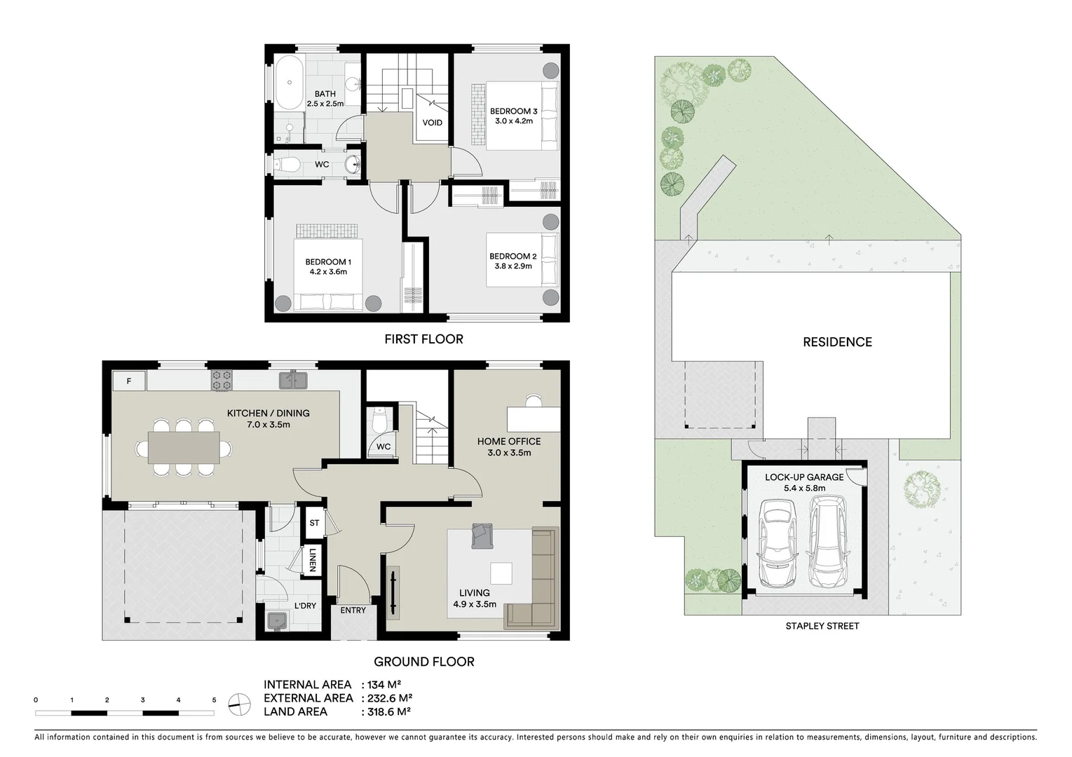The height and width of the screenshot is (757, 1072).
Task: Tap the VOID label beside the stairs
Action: [x=433, y=123]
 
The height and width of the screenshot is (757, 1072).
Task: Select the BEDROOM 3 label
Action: [x=513, y=111]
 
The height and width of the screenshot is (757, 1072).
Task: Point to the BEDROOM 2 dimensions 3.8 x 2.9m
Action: [x=513, y=266]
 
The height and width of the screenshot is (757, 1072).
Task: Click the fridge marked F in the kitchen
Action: [x=129, y=381]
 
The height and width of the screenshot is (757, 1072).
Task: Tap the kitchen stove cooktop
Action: [x=222, y=380]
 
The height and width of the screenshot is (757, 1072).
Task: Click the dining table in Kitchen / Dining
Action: [x=184, y=447]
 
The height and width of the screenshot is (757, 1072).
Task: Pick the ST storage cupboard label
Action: [x=314, y=523]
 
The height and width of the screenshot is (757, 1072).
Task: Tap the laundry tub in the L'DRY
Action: [x=276, y=620]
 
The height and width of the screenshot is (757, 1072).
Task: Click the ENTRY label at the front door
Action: [x=353, y=611]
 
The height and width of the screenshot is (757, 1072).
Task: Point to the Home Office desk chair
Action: [x=534, y=400]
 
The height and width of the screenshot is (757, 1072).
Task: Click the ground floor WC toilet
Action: [x=381, y=422]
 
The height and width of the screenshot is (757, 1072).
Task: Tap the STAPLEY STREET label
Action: [x=822, y=626]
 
